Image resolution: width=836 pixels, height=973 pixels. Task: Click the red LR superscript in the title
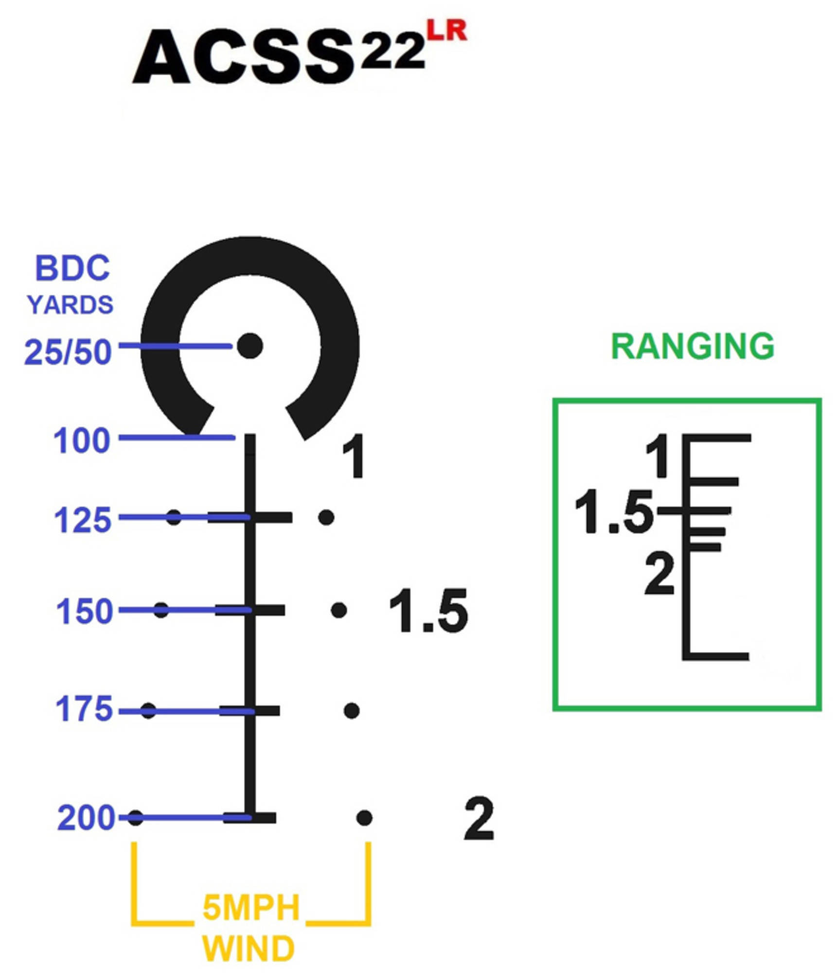(446, 31)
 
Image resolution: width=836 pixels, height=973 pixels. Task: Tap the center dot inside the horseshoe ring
(250, 346)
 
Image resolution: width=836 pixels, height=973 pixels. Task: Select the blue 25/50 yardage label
(68, 352)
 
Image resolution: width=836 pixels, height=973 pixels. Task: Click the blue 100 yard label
(82, 440)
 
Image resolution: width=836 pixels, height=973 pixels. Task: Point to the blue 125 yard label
(83, 520)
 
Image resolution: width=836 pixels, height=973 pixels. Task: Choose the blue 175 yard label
(84, 708)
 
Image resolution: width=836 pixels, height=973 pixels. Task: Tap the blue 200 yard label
(86, 818)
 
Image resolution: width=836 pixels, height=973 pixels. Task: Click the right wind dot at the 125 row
(326, 517)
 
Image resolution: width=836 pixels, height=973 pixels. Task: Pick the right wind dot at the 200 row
(364, 818)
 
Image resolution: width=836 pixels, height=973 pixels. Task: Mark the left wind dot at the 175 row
(148, 711)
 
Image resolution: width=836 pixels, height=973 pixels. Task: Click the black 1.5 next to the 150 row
(428, 611)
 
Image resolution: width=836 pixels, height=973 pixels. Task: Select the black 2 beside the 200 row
(480, 818)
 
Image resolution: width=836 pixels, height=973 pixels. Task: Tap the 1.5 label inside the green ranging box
(614, 512)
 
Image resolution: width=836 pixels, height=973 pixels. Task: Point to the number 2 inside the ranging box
(659, 575)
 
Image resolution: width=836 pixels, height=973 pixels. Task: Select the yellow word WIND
(249, 949)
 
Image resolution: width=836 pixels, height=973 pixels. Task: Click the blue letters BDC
(72, 268)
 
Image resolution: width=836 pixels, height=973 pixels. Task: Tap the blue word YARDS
(70, 305)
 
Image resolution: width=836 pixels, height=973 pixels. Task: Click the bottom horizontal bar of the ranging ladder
(715, 657)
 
